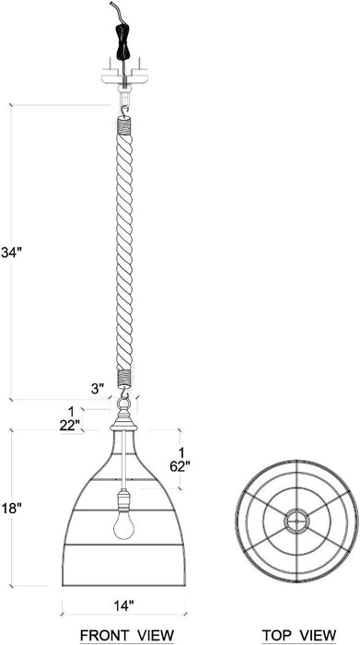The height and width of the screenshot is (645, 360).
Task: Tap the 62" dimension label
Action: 182,466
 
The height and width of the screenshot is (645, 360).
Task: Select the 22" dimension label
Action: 69,424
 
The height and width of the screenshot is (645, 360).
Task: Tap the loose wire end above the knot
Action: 114,8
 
